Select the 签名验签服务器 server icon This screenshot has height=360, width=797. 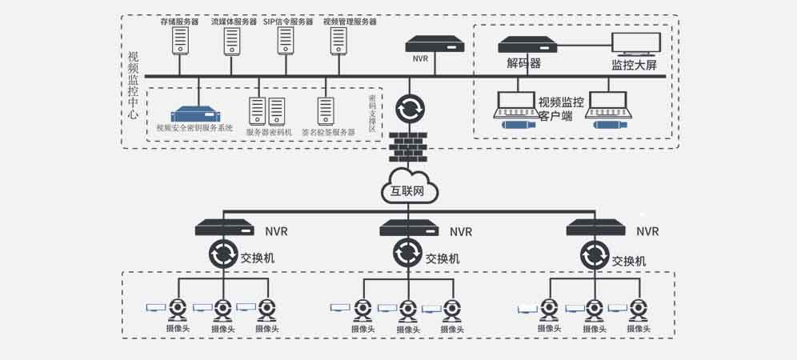(326, 110)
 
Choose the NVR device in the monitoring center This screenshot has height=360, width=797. (435, 45)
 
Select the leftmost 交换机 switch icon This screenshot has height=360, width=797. (223, 255)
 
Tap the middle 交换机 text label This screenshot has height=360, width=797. (442, 258)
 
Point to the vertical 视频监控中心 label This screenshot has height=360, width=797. (133, 86)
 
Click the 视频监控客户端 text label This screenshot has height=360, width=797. (560, 109)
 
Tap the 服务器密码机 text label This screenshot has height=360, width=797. (269, 131)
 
